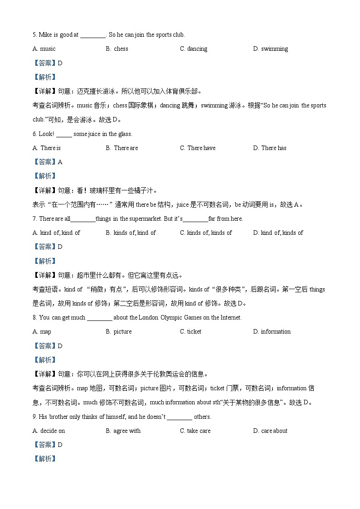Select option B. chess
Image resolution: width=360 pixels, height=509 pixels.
pos(117,49)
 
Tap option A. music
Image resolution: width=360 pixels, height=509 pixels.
pos(44,49)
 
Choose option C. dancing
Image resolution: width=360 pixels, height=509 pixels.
pos(194,49)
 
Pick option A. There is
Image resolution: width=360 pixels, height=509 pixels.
pos(47,148)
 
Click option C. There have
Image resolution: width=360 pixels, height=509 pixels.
pos(198,148)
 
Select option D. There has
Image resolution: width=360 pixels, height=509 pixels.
pos(270,148)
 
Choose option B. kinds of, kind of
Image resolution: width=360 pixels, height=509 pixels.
pos(131,233)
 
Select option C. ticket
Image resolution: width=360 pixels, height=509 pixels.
pos(190,332)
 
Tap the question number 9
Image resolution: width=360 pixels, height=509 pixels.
pos(34,417)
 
